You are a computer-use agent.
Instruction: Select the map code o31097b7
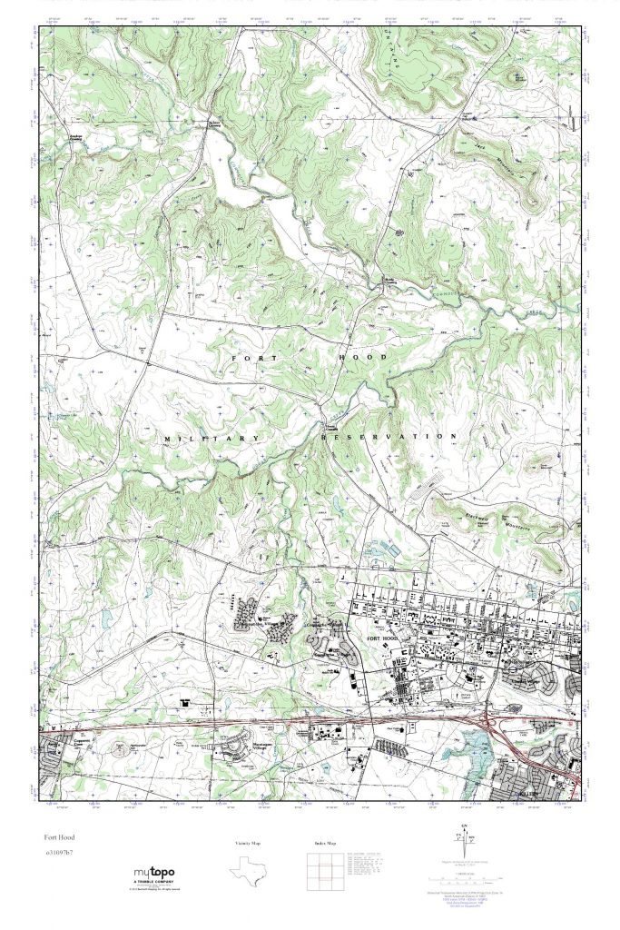point(59,853)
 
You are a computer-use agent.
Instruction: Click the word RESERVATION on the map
point(389,437)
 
